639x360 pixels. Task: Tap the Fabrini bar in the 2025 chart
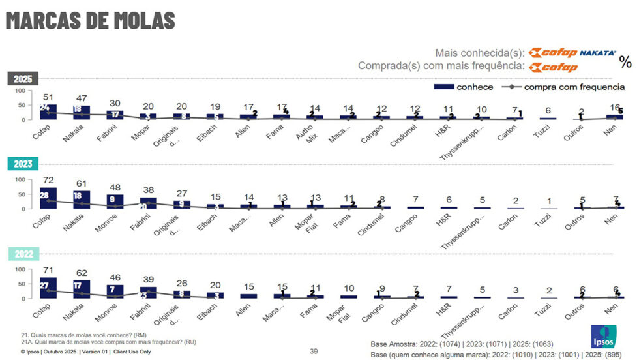coord(115,115)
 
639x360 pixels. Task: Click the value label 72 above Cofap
coord(44,179)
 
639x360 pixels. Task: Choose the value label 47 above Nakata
coord(80,98)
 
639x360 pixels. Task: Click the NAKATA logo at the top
coord(597,53)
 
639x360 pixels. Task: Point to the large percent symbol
coord(625,62)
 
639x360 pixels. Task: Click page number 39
coord(314,352)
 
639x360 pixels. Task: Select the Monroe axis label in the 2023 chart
coord(108,222)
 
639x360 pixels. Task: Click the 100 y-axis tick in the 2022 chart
coord(20,269)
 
